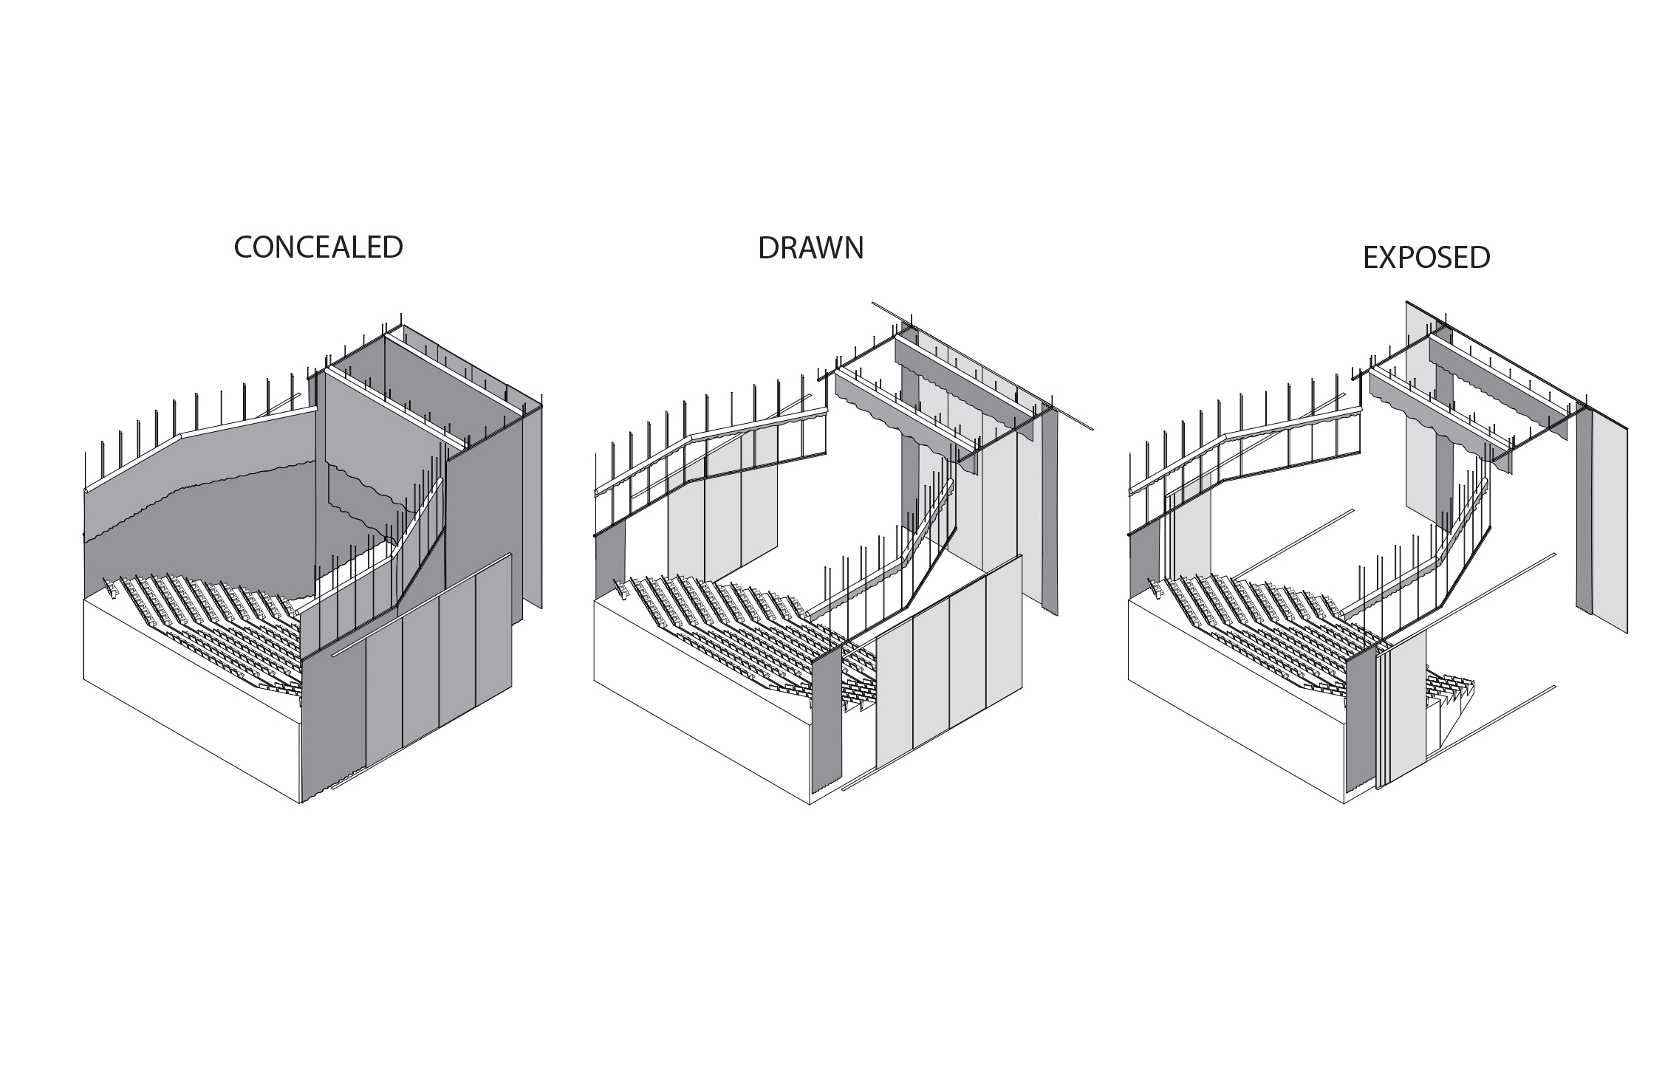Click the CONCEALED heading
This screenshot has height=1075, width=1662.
pyautogui.click(x=318, y=247)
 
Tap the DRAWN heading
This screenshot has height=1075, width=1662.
pyautogui.click(x=810, y=249)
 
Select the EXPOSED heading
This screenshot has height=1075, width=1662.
pyautogui.click(x=1426, y=258)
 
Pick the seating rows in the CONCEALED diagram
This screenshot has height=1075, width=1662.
pyautogui.click(x=214, y=628)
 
